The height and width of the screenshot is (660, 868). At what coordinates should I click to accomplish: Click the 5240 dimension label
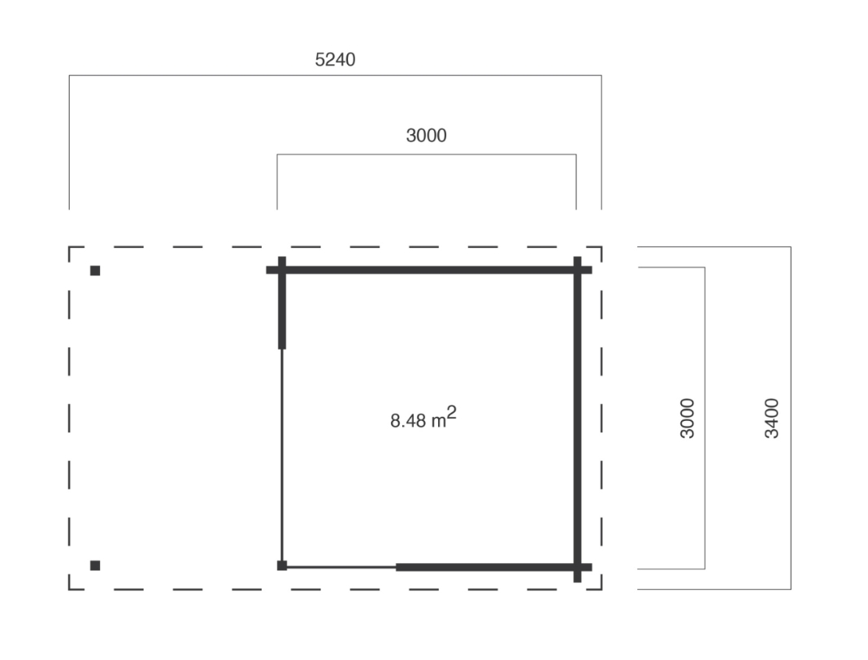(x=335, y=60)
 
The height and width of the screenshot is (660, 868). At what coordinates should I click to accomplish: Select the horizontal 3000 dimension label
(x=426, y=136)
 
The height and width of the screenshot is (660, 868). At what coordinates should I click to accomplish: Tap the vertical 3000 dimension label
(x=687, y=418)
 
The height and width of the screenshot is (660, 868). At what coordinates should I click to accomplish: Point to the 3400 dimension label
(x=771, y=418)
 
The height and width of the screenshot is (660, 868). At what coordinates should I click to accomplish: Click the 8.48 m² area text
(x=423, y=418)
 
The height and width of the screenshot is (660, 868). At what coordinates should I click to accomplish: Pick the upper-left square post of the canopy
(x=95, y=271)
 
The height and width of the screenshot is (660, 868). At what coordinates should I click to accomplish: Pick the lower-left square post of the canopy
(x=95, y=566)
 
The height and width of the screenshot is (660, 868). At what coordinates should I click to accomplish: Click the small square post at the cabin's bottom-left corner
(x=282, y=566)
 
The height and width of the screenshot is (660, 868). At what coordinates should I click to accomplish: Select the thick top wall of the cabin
(x=429, y=270)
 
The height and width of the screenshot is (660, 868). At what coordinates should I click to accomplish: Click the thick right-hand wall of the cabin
(x=577, y=419)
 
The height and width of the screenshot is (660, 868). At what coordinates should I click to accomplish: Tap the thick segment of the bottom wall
(x=494, y=567)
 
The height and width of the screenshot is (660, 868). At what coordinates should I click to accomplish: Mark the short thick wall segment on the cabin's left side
(x=282, y=303)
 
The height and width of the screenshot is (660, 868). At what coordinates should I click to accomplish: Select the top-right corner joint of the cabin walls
(x=577, y=270)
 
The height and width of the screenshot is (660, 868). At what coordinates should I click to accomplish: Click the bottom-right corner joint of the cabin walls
(x=577, y=567)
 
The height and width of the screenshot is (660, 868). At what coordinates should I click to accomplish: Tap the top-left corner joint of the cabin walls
(x=282, y=270)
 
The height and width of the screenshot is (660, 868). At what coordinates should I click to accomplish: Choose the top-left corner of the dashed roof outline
(x=69, y=247)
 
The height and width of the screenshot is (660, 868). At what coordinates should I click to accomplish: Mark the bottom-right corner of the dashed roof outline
(x=601, y=589)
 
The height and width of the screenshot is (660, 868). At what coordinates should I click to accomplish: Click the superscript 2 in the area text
(x=452, y=413)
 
